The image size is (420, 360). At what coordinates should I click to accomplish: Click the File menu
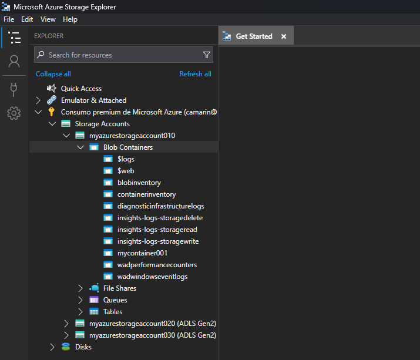click(9, 19)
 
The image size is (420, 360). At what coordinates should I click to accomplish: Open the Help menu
click(70, 19)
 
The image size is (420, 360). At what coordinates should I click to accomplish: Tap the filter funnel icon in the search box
click(207, 55)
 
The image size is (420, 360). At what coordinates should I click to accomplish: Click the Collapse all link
click(53, 74)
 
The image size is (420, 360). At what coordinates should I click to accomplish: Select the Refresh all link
click(195, 74)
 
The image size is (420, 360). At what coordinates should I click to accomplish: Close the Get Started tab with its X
click(284, 36)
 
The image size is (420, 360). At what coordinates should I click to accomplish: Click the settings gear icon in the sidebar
click(14, 113)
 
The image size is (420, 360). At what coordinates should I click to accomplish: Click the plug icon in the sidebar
click(14, 89)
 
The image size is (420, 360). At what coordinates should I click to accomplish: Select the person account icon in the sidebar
click(14, 61)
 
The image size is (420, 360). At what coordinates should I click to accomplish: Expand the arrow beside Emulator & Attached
click(38, 100)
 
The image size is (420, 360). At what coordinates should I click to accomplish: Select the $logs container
click(126, 159)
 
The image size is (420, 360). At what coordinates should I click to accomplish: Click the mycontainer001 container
click(143, 253)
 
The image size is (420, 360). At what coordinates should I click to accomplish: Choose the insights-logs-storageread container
click(157, 230)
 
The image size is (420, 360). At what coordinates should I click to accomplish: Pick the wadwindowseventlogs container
click(152, 277)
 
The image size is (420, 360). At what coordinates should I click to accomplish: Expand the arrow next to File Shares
click(80, 288)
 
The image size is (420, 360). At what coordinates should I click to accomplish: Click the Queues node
click(115, 300)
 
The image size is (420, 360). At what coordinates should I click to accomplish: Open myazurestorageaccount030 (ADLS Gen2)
click(153, 335)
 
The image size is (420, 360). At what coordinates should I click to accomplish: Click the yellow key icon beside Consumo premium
click(52, 112)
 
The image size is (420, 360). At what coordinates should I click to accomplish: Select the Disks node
click(83, 347)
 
